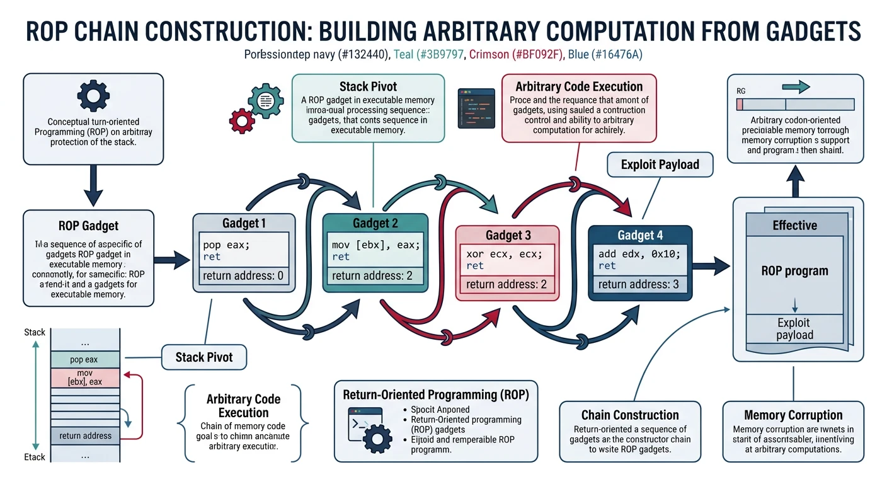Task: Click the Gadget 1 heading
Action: (244, 223)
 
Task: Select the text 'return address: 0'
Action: (244, 275)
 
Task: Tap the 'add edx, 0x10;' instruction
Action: (639, 255)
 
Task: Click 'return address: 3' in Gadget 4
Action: (639, 284)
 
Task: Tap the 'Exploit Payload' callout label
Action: (660, 165)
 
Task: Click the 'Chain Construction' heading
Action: (629, 415)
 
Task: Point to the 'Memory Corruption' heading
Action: (793, 415)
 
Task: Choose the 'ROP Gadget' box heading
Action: (88, 226)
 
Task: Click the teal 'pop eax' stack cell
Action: (84, 360)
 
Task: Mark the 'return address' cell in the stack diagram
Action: (85, 435)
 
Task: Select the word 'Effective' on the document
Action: (794, 225)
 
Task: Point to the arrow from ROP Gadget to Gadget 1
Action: (171, 258)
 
